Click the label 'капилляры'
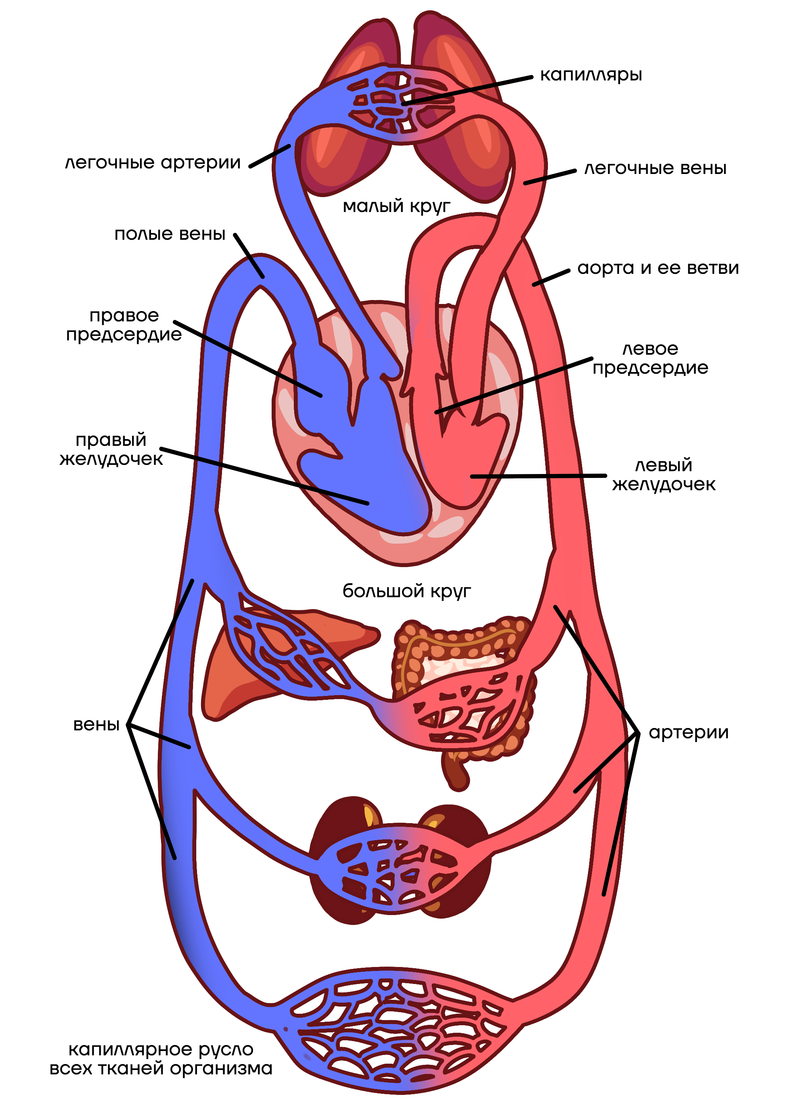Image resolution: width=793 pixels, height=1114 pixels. pyautogui.click(x=590, y=75)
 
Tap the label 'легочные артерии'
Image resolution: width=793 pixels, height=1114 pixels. pyautogui.click(x=153, y=163)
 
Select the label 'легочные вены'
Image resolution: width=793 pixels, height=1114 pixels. pyautogui.click(x=655, y=168)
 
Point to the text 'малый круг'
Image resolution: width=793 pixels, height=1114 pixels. pyautogui.click(x=396, y=206)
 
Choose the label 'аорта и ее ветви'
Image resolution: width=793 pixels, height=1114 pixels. pyautogui.click(x=658, y=268)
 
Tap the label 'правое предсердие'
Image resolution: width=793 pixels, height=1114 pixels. pyautogui.click(x=124, y=325)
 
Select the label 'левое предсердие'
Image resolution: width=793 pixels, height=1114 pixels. pyautogui.click(x=650, y=358)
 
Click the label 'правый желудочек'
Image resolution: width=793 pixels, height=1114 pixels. pyautogui.click(x=111, y=449)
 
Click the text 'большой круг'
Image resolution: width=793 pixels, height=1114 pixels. pyautogui.click(x=406, y=591)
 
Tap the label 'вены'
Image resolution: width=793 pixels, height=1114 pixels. pyautogui.click(x=96, y=724)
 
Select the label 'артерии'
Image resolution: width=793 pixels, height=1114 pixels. pyautogui.click(x=688, y=732)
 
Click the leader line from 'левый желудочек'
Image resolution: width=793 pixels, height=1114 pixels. pyautogui.click(x=537, y=476)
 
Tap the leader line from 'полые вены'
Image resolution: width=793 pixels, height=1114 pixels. pyautogui.click(x=249, y=256)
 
